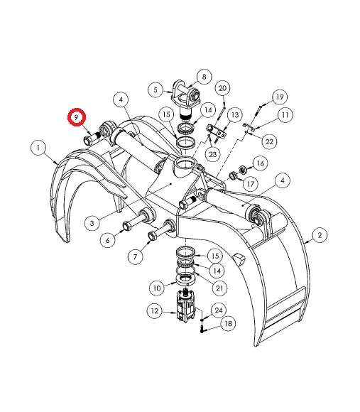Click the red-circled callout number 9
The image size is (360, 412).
point(77,117)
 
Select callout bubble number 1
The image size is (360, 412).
point(38,148)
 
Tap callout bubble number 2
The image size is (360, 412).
point(320,235)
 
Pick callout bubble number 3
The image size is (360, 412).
point(92,223)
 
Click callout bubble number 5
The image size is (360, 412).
point(156,90)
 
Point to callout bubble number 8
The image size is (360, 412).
point(204,77)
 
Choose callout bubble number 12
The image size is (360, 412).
point(155,311)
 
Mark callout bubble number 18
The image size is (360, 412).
point(228,323)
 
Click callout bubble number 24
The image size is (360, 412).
point(219,310)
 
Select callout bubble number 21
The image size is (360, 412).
point(219,288)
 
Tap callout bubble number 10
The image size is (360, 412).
point(157,288)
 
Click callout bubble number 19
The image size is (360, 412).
point(280,97)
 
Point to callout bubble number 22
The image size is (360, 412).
point(269,141)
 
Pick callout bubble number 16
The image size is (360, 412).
point(260,163)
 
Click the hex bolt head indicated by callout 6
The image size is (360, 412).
point(127,226)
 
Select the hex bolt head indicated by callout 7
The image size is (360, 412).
point(152,235)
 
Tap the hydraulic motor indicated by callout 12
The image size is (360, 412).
point(185,305)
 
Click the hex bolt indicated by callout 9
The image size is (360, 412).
point(92,139)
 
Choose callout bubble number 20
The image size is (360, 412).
point(222,88)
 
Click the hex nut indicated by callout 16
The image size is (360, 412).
point(243,170)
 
